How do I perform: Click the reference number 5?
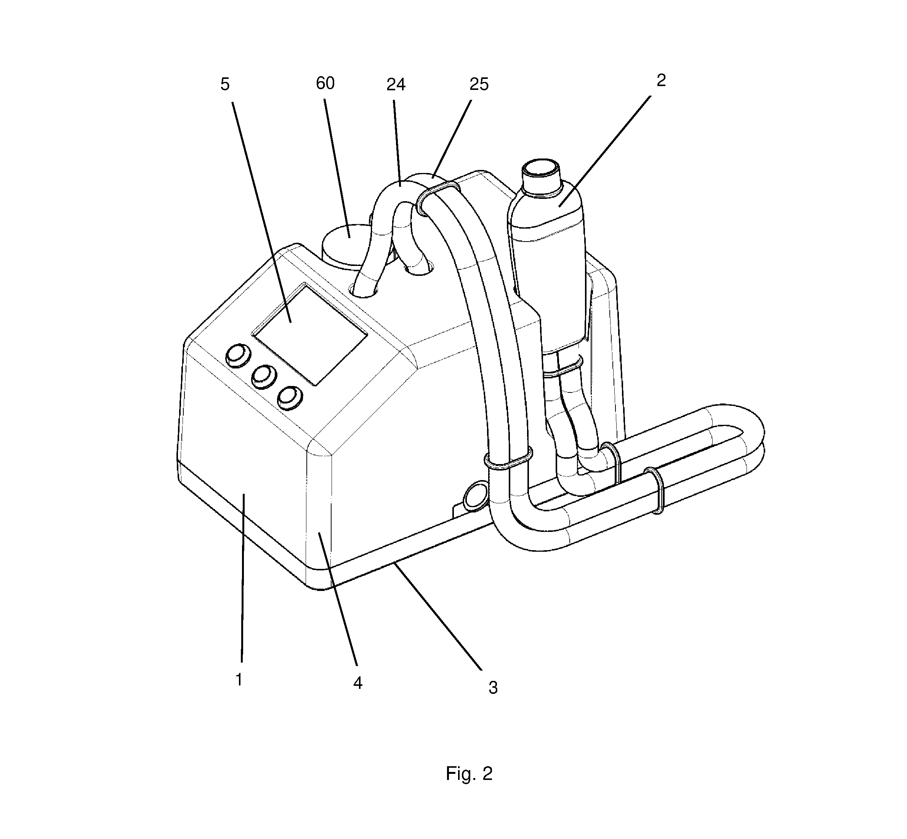(225, 85)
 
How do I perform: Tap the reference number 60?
(325, 83)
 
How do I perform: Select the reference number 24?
(396, 85)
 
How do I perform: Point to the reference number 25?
(479, 85)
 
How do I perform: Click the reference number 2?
(661, 80)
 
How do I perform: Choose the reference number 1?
(239, 680)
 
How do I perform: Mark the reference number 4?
(358, 683)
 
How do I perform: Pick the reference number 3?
(493, 688)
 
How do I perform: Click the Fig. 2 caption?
(469, 773)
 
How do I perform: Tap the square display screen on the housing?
(310, 335)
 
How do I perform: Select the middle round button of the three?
(264, 376)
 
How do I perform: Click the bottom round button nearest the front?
(290, 398)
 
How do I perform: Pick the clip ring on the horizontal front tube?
(655, 490)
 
